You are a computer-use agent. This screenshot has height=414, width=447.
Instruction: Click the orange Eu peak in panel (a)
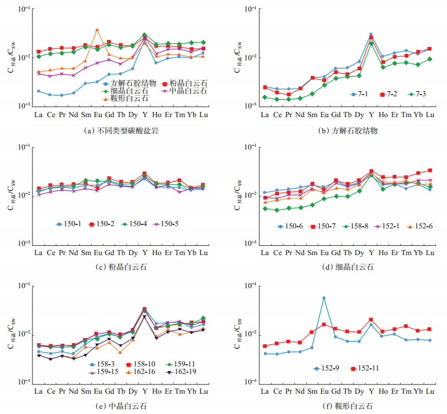97,30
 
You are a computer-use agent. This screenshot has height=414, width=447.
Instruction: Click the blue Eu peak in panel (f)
324,298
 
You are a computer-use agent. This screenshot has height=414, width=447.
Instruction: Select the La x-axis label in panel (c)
38,253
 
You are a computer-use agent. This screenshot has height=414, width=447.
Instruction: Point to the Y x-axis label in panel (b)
370,115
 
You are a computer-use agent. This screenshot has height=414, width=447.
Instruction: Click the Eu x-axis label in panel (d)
324,253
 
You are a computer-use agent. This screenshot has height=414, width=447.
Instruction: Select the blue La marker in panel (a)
38,91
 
